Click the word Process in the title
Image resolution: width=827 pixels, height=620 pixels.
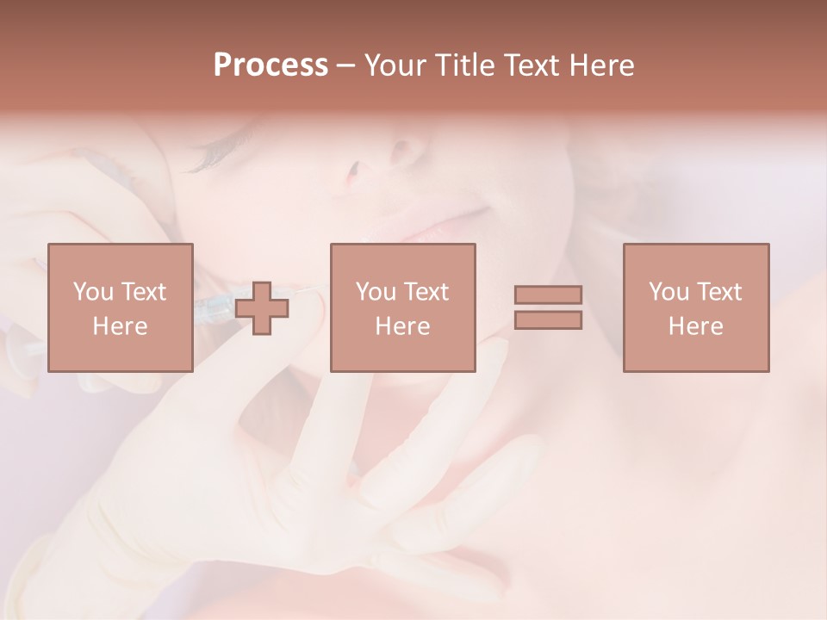pyautogui.click(x=270, y=65)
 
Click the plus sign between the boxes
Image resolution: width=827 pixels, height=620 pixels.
pyautogui.click(x=262, y=308)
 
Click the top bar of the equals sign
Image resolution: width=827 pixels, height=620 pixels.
pyautogui.click(x=548, y=294)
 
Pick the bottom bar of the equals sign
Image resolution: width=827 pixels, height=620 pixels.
pyautogui.click(x=548, y=320)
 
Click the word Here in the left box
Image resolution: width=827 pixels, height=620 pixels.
pyautogui.click(x=120, y=326)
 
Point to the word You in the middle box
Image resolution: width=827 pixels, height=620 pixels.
pyautogui.click(x=376, y=292)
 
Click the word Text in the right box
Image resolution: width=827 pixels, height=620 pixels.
pyautogui.click(x=719, y=292)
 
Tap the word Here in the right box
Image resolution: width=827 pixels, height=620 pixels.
pyautogui.click(x=696, y=326)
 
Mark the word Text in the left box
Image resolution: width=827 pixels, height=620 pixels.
pyautogui.click(x=143, y=292)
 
